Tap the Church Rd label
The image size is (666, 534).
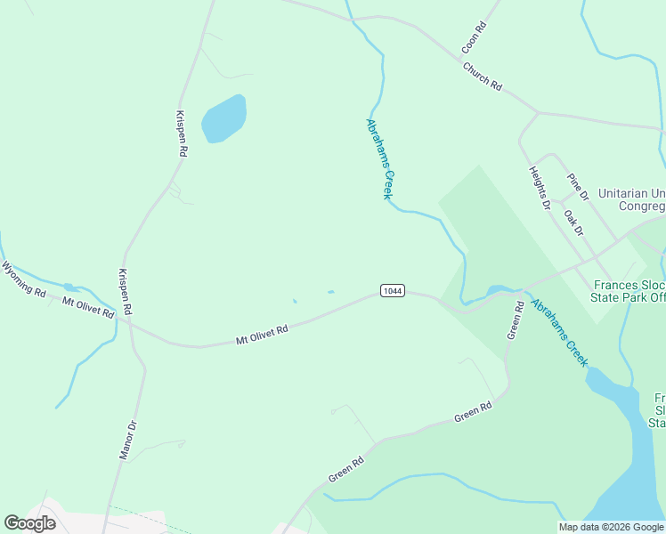point(482,76)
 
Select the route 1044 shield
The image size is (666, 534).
point(392,290)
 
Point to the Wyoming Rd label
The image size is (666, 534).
point(23,279)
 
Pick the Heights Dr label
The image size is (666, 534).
point(540,188)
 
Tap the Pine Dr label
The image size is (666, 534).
point(578,187)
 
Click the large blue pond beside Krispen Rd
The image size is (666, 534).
point(223,118)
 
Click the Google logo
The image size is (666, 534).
point(29,523)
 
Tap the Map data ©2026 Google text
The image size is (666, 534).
point(611,527)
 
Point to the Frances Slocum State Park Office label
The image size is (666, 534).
point(629,291)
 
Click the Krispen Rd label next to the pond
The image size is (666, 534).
point(181,133)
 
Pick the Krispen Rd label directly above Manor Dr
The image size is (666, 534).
point(126,292)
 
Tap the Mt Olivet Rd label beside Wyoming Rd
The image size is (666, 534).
point(87,308)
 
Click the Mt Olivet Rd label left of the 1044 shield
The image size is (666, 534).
point(262,334)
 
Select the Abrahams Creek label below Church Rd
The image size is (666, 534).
point(380,158)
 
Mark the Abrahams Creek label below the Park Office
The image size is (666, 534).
point(559,332)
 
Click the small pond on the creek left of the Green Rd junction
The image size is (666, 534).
point(497,290)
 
